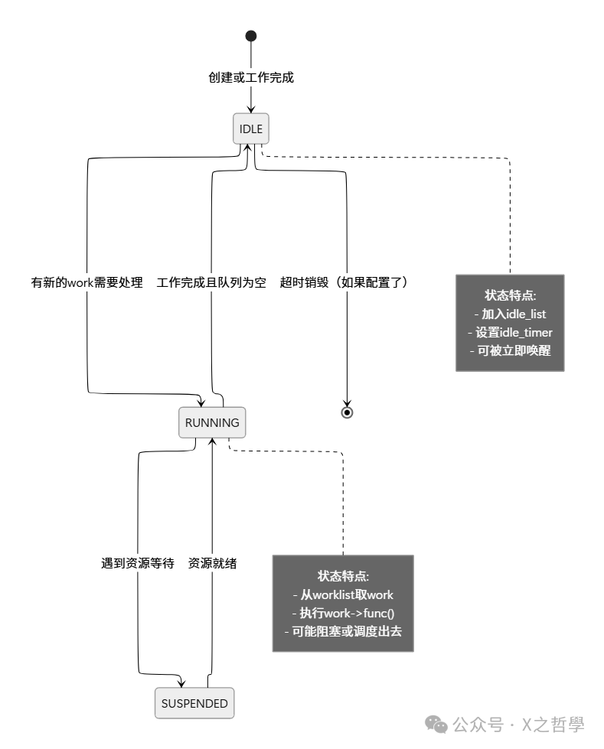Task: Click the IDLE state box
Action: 251,129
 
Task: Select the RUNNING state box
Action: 212,422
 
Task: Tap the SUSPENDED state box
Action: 194,703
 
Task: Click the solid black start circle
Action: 250,36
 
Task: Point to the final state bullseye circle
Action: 347,412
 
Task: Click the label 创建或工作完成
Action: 251,77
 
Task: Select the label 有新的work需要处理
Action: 87,282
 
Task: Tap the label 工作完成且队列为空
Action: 211,282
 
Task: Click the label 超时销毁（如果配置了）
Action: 346,282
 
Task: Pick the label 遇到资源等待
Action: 138,563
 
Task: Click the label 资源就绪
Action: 212,563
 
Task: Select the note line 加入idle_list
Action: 510,314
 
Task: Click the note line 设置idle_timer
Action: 510,332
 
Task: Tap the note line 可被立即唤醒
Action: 510,350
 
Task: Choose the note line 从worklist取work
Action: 343,594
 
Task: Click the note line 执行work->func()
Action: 343,613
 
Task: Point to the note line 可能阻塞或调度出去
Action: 343,631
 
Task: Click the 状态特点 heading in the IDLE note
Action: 510,295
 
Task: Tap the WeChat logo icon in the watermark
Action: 436,724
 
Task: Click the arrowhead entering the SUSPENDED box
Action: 181,683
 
